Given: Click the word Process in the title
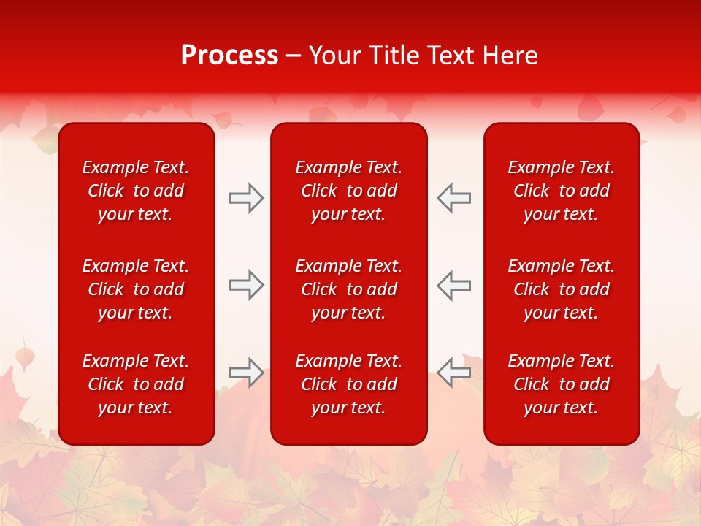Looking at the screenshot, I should tap(229, 56).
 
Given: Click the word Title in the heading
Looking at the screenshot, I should tap(394, 56).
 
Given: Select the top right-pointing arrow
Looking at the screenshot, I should tap(246, 198).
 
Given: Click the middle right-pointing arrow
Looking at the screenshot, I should tap(246, 285).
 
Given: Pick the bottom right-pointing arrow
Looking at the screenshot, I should tap(246, 372).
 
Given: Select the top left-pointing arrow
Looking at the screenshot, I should tap(454, 198).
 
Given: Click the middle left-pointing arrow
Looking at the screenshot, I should tap(454, 285).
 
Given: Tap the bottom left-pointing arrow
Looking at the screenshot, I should tap(454, 372).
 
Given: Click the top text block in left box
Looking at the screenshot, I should tap(136, 191).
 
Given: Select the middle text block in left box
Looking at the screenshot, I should tap(136, 289).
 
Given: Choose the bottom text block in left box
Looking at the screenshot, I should tap(136, 384).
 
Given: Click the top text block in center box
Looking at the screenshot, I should tap(348, 191).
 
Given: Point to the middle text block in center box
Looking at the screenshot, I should tap(348, 289).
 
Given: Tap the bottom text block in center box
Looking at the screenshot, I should tap(348, 384).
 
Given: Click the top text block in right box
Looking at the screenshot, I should tap(561, 191).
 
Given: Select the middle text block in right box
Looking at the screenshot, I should tap(561, 289).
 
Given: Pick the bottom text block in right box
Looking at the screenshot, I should tap(561, 384).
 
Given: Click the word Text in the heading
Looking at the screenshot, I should tap(451, 56).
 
